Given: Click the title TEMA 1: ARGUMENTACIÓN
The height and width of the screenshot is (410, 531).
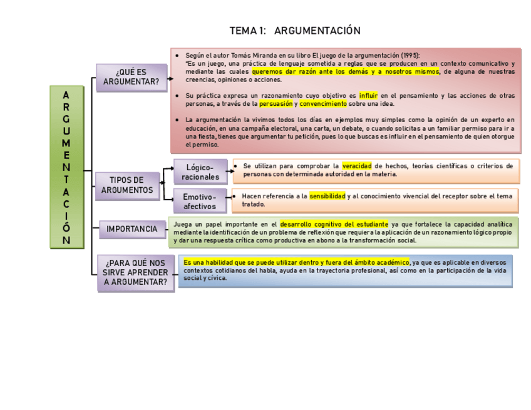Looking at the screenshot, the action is (295, 31).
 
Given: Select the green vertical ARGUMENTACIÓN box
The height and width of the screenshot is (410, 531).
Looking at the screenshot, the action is (66, 167).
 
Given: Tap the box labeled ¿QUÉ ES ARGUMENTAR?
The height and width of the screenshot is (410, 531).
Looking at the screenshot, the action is (131, 78).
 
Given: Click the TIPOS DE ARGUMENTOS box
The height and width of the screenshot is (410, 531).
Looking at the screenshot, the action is (128, 185).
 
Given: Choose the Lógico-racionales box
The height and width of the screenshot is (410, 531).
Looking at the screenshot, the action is (200, 172).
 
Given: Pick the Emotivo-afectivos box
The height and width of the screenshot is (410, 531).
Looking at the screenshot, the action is (200, 201).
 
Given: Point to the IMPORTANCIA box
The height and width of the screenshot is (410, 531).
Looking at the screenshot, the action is (131, 229).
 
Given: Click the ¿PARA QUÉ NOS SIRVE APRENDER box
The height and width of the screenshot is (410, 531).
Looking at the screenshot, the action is (136, 273).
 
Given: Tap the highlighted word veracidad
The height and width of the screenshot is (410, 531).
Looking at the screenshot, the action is (357, 166).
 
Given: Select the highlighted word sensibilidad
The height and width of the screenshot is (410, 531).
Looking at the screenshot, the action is (327, 196).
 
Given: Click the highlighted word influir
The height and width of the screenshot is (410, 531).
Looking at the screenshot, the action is (369, 96).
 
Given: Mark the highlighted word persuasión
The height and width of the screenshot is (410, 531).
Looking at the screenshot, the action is (276, 104).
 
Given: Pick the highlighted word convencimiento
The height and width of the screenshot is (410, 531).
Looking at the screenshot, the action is (323, 104).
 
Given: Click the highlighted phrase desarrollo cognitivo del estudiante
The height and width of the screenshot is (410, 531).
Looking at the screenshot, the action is (334, 223).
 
